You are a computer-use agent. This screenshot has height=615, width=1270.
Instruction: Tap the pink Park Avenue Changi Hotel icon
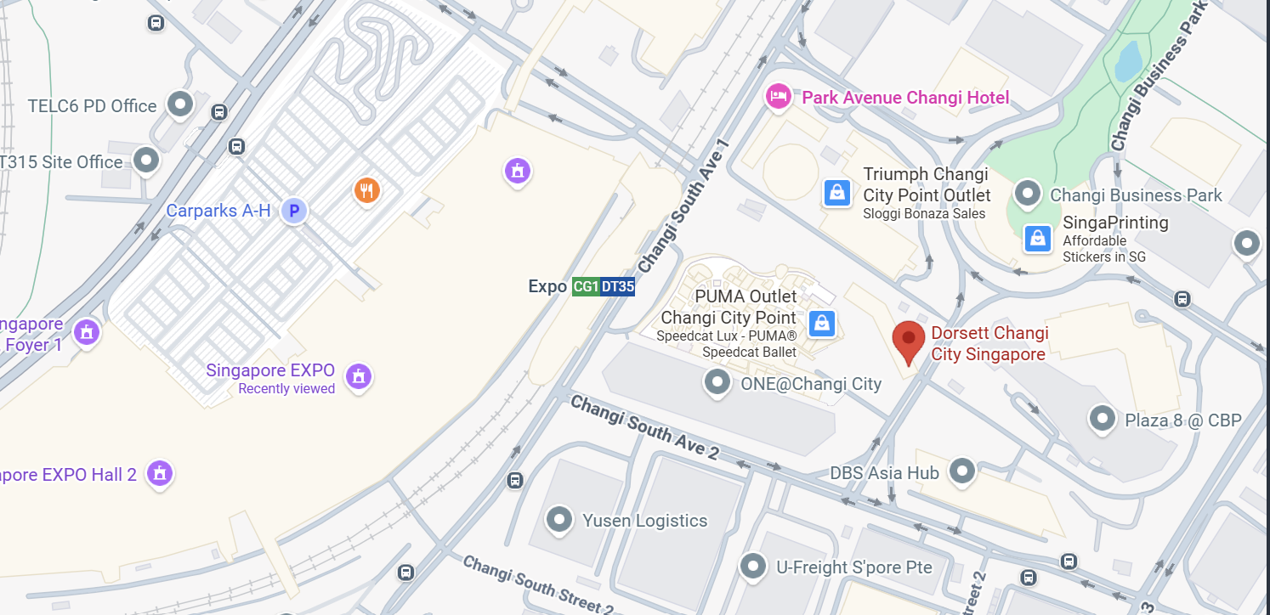click(778, 96)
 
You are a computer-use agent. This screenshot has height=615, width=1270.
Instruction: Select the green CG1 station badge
click(585, 287)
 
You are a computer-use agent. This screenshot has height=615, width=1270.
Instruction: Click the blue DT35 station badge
click(618, 287)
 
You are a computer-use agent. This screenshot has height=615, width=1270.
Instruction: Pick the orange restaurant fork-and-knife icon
click(366, 189)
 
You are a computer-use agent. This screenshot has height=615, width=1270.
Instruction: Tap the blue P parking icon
click(294, 211)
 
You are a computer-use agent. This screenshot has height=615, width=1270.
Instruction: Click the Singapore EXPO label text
click(270, 371)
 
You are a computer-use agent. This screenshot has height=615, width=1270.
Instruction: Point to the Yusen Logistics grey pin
click(559, 518)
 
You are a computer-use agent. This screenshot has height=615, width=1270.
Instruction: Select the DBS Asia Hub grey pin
click(962, 470)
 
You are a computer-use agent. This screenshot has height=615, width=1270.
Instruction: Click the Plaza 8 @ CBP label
click(1183, 420)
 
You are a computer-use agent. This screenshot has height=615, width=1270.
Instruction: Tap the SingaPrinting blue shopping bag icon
click(1037, 239)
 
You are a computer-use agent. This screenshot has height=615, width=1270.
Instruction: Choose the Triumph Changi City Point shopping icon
click(837, 193)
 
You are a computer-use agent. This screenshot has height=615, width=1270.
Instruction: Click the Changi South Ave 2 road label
click(645, 426)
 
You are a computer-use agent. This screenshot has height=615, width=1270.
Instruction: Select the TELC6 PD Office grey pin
click(180, 104)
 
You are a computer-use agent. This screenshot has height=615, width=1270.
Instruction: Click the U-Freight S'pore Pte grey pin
click(753, 566)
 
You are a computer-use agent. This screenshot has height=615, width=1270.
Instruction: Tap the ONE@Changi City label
click(811, 384)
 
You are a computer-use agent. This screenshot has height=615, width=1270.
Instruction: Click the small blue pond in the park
click(1128, 61)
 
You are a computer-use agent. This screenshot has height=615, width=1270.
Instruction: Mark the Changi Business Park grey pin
click(1028, 195)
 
